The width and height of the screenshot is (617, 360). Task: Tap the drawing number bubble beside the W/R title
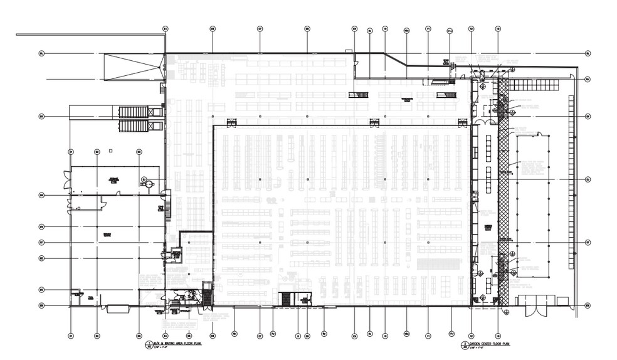148,345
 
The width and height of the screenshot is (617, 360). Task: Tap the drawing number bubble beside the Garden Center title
464,345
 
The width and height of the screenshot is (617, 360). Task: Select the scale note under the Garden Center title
478,349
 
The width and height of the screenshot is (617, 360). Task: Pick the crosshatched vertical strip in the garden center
502,188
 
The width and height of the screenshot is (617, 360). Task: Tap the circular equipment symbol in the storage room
144,182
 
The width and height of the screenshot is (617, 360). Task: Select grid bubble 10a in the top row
406,29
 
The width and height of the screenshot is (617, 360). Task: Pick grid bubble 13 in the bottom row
497,334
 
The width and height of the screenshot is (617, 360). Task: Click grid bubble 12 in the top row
470,29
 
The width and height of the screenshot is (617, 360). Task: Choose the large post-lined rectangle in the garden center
533,207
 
